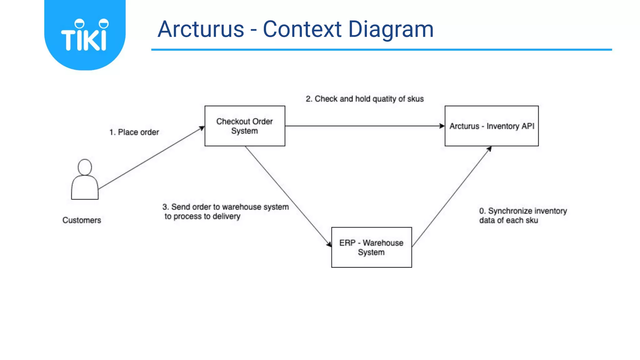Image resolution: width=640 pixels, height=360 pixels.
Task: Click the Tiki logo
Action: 85,35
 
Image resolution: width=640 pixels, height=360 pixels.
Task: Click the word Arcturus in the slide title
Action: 201,29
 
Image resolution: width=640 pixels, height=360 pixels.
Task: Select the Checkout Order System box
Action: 245,126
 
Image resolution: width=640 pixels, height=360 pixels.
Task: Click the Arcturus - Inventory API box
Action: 492,126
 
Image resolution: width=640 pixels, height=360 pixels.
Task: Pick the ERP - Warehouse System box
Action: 371,247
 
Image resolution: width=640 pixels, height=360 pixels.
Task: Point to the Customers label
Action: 82,220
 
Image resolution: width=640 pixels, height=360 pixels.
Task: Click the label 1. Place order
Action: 134,132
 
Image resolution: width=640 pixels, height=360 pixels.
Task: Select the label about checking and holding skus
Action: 364,99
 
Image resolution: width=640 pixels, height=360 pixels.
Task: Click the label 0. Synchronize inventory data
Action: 523,215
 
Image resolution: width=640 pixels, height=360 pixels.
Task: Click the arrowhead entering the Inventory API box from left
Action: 442,126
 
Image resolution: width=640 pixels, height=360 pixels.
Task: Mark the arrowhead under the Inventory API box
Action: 489,149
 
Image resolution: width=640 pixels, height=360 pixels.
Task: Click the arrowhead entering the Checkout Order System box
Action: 202,128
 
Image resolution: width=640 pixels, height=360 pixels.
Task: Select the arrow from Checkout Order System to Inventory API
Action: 364,126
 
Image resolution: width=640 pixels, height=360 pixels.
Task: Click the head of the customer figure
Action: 85,167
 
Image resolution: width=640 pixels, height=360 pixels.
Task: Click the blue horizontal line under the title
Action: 381,49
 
